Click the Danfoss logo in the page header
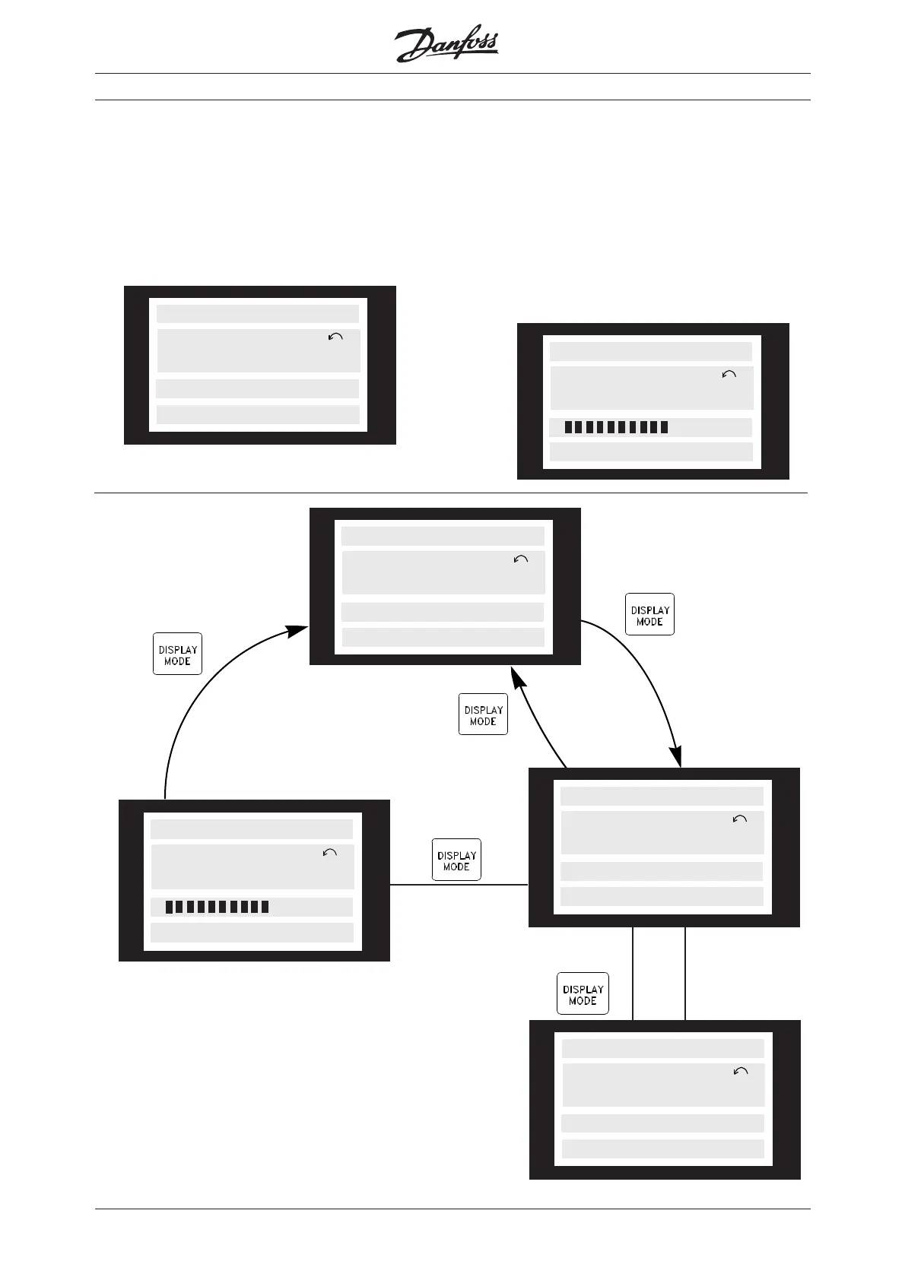click(447, 46)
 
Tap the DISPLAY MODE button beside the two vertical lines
click(583, 993)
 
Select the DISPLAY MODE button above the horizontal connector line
click(456, 860)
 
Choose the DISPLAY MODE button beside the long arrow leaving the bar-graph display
click(177, 654)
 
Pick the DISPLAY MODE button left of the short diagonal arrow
click(483, 714)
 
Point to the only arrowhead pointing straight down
click(675, 758)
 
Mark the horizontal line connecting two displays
click(459, 885)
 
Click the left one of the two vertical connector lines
click(633, 973)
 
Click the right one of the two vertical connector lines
click(685, 973)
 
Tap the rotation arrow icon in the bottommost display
click(741, 1071)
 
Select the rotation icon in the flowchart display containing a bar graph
click(330, 853)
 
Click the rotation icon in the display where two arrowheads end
click(521, 559)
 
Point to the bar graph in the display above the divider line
click(616, 427)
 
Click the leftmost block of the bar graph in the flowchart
click(170, 907)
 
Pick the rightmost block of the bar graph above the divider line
click(665, 427)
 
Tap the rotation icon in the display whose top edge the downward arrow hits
click(739, 819)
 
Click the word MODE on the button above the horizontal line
click(456, 867)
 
